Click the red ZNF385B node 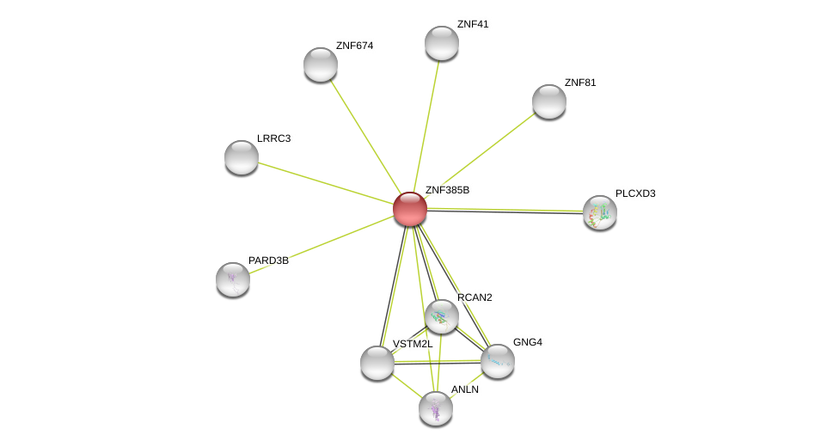[410, 209]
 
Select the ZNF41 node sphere [442, 43]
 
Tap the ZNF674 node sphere [321, 64]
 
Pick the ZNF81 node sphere [549, 101]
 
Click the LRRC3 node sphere [242, 157]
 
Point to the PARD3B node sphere [233, 279]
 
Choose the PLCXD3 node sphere [600, 212]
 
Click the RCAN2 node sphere [442, 316]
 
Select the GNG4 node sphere [498, 361]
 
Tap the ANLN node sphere [436, 409]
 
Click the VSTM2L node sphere [377, 363]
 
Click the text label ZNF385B [447, 190]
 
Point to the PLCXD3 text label [635, 193]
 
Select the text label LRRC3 [273, 138]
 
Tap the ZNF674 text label [354, 46]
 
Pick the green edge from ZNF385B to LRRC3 [326, 183]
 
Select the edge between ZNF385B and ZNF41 [426, 126]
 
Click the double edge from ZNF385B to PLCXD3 [505, 211]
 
